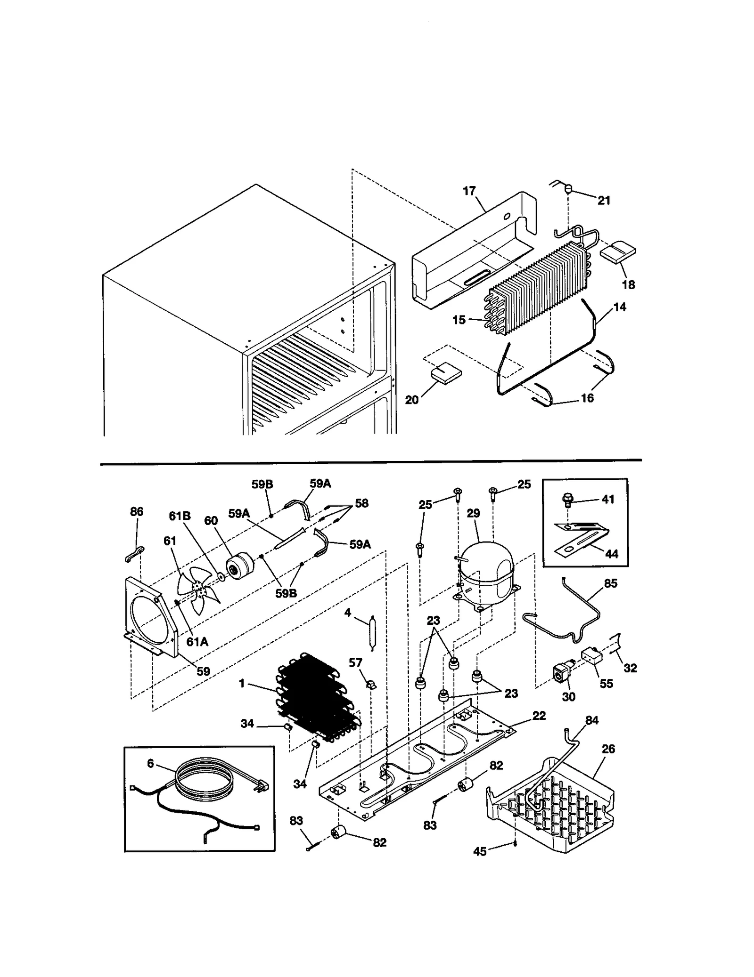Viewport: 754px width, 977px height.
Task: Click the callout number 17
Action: [x=469, y=191]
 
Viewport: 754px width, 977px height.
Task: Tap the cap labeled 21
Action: [x=569, y=190]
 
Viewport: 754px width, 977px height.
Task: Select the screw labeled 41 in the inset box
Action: [x=568, y=500]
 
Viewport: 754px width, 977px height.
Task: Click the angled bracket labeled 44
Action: [x=582, y=539]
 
